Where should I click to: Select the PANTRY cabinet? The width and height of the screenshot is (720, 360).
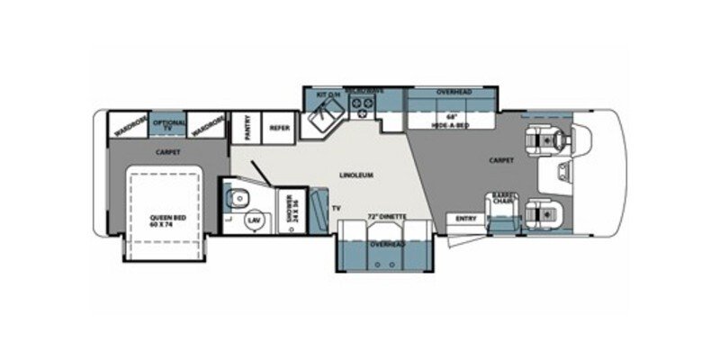click(x=244, y=128)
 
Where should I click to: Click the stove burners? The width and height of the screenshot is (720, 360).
click(x=364, y=109)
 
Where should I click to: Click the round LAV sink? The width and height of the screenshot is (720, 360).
click(x=255, y=220)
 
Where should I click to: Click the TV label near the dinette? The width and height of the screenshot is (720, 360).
click(x=337, y=209)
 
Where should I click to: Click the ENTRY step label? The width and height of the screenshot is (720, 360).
click(x=466, y=217)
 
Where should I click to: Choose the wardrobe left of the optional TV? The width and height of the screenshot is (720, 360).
click(x=130, y=124)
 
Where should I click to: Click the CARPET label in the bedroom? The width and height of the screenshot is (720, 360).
click(x=168, y=152)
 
